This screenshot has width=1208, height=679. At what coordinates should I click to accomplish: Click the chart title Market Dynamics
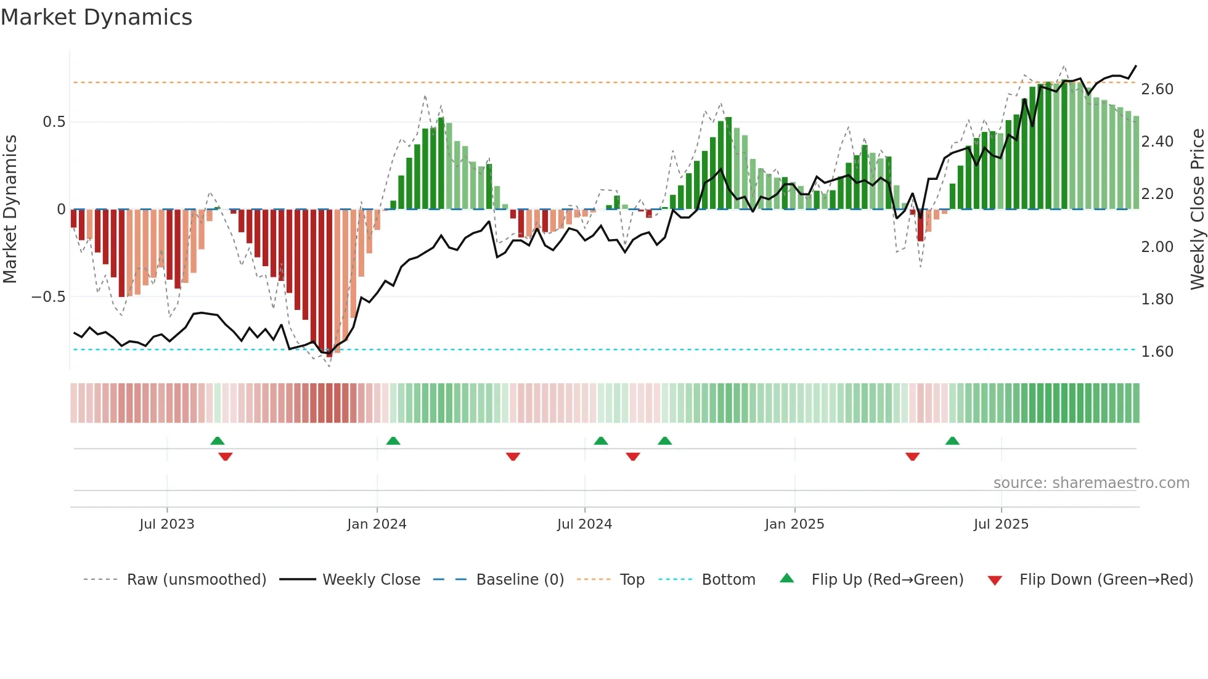pos(97,17)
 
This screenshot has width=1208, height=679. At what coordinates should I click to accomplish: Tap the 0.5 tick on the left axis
pos(54,122)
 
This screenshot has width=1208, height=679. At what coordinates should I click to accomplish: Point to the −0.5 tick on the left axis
pos(48,297)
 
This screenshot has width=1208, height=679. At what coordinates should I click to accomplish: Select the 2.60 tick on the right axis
pos(1157,89)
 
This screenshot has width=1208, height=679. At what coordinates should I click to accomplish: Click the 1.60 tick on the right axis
pos(1157,352)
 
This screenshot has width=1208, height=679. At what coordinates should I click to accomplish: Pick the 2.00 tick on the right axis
pos(1157,247)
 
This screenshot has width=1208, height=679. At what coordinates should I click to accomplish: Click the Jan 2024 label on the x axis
pos(377,524)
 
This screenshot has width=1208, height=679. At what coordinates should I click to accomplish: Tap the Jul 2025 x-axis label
pos(1001,524)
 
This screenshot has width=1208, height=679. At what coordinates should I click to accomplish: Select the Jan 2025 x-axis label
pos(794,524)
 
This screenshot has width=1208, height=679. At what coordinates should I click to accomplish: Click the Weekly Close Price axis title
pos(1197,209)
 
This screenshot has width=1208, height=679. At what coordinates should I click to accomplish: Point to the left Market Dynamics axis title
pos(10,209)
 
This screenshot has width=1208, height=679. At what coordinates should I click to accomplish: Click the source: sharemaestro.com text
pos(1091,483)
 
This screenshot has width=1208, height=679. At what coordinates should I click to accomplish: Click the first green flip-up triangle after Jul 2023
pos(217,441)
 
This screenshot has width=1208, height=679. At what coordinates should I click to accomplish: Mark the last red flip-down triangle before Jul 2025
pos(912,457)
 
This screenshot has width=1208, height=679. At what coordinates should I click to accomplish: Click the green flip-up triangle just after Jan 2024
pos(393,441)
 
